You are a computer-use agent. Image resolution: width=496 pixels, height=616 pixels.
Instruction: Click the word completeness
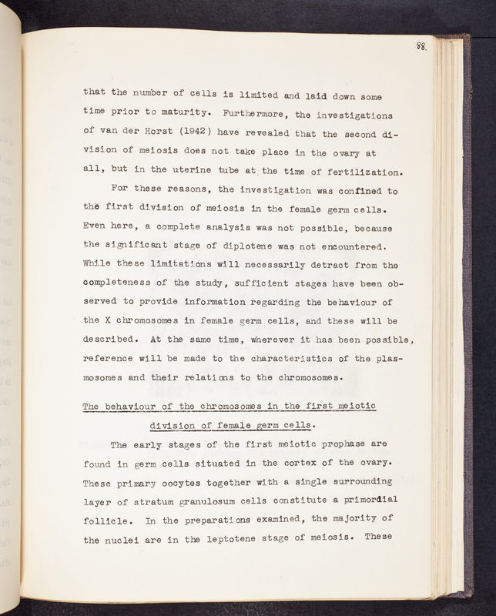pos(122,284)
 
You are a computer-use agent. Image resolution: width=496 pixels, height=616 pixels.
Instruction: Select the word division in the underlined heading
pos(173,426)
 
